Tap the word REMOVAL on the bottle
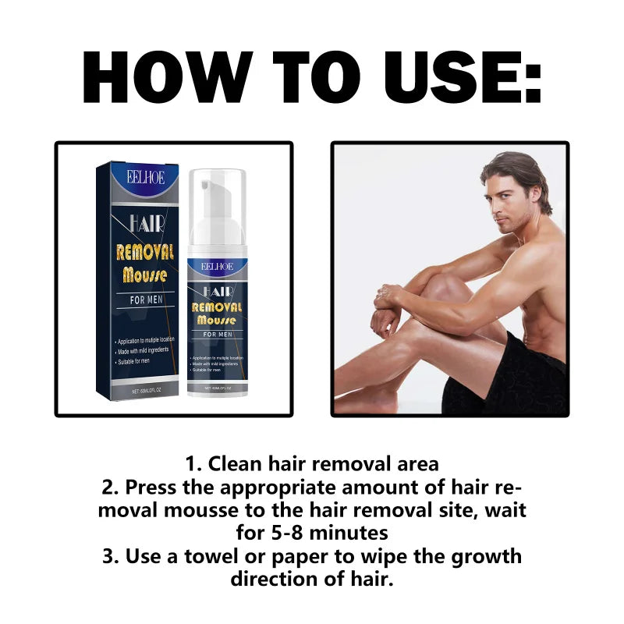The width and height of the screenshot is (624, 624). coord(218,307)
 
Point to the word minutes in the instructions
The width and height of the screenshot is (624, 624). coord(349,533)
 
